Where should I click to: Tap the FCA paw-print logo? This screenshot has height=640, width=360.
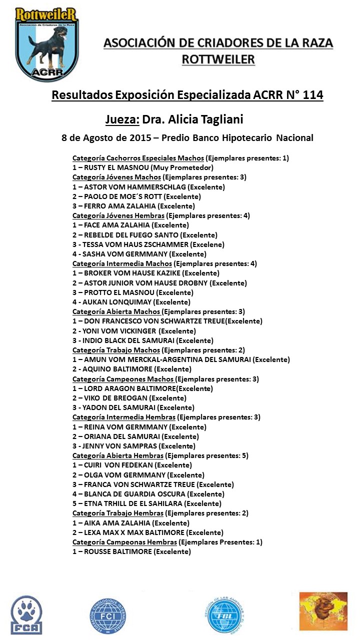26,614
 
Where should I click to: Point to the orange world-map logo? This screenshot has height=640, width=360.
323,611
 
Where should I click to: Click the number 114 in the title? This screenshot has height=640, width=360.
312,94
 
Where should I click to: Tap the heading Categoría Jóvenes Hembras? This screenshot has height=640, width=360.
118,216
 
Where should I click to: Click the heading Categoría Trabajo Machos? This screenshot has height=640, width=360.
116,350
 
